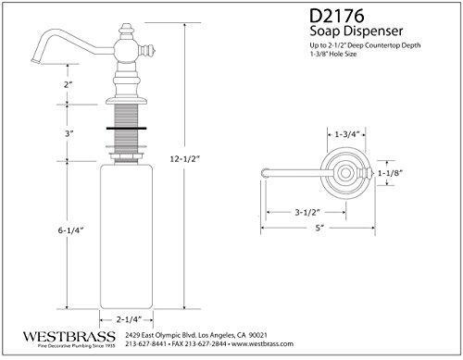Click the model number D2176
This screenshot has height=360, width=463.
point(337,16)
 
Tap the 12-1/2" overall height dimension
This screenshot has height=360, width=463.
point(185,159)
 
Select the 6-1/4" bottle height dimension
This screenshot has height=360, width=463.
point(71,230)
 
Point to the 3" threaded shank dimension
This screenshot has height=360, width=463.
point(69,133)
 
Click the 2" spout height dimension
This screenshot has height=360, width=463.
point(68,84)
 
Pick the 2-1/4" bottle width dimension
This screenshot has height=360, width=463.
point(129,319)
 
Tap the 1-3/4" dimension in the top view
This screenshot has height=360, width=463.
point(347,134)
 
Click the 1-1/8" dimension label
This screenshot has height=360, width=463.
point(391,173)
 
